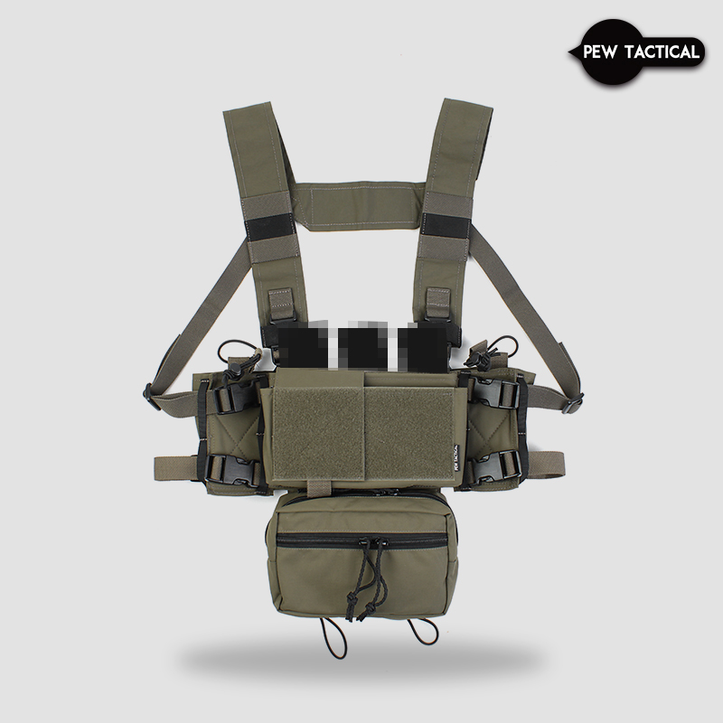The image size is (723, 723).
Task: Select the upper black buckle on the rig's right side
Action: point(502,395)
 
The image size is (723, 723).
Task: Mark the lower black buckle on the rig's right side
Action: point(502,466)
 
